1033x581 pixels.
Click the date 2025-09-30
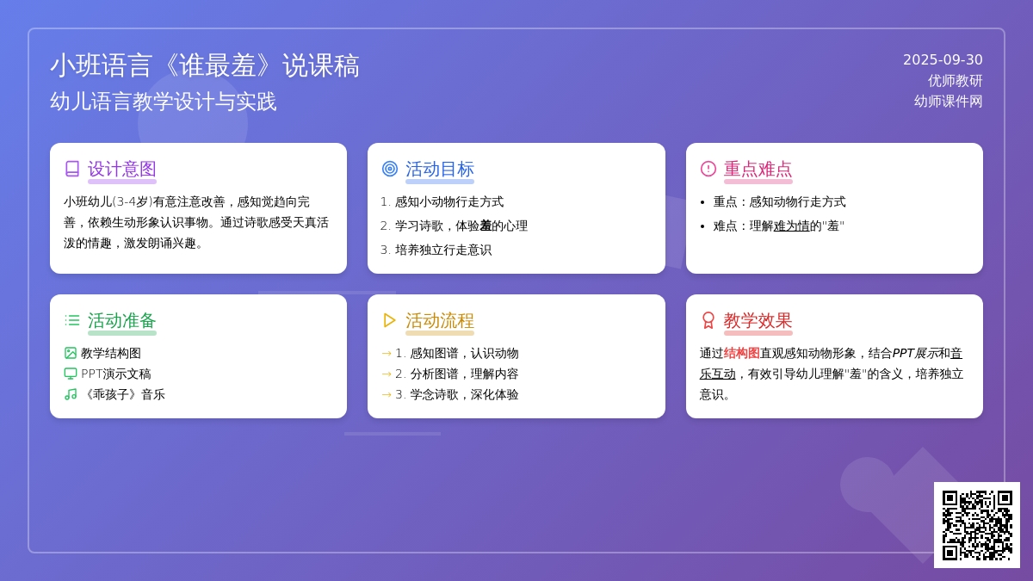943,60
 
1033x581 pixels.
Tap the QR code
977,525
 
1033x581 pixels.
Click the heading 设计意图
121,170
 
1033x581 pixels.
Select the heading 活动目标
440,170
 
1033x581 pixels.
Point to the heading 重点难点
758,170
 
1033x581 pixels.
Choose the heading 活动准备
121,320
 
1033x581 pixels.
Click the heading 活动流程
440,320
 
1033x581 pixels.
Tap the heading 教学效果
758,320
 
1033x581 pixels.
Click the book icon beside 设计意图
72,169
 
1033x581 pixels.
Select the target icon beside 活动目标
390,169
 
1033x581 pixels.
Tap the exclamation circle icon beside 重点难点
708,169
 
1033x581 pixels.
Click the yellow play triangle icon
389,320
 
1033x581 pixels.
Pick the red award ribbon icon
708,320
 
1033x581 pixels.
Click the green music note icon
70,394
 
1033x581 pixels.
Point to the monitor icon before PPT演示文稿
70,374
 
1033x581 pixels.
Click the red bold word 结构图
741,353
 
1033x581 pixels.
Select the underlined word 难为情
791,226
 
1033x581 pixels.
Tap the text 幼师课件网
948,102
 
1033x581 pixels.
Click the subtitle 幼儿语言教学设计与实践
164,102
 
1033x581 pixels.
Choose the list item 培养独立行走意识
443,250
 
